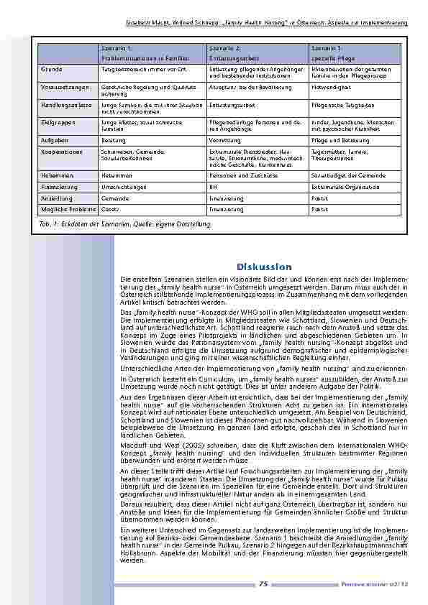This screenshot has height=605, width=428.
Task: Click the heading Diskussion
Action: (263, 267)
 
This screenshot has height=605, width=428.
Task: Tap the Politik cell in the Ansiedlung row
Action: (319, 198)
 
